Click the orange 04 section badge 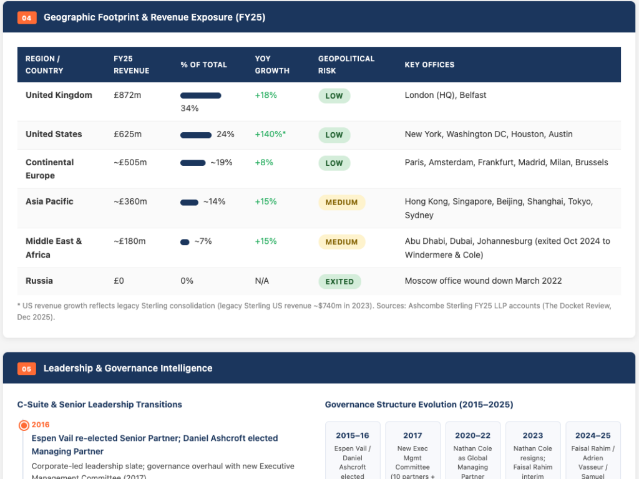pyautogui.click(x=27, y=17)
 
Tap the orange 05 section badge pyautogui.click(x=26, y=369)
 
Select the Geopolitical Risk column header pyautogui.click(x=346, y=64)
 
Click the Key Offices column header pyautogui.click(x=429, y=64)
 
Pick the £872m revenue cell pyautogui.click(x=127, y=95)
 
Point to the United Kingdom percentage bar pyautogui.click(x=200, y=95)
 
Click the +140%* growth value pyautogui.click(x=270, y=134)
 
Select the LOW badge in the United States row pyautogui.click(x=334, y=135)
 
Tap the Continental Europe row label pyautogui.click(x=50, y=168)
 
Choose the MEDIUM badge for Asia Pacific pyautogui.click(x=341, y=203)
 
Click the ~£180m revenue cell pyautogui.click(x=130, y=241)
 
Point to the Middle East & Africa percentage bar pyautogui.click(x=185, y=242)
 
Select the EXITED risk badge pyautogui.click(x=339, y=281)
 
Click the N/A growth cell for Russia pyautogui.click(x=261, y=281)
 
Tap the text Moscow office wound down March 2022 pyautogui.click(x=483, y=281)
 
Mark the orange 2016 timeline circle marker pyautogui.click(x=24, y=425)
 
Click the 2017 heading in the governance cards pyautogui.click(x=412, y=435)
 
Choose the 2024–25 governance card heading pyautogui.click(x=593, y=435)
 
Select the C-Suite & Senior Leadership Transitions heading pyautogui.click(x=99, y=404)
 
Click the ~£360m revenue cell pyautogui.click(x=130, y=201)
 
